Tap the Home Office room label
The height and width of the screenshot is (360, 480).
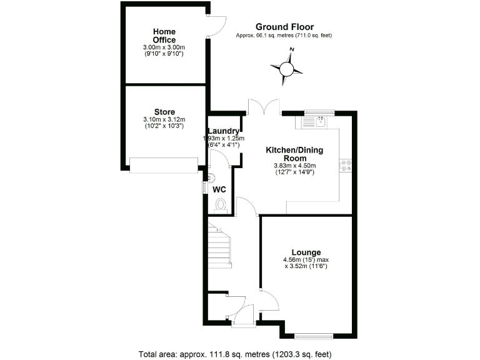(x=164, y=36)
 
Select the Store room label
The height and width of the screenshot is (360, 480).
(x=164, y=112)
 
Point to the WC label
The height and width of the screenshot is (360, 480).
(x=219, y=188)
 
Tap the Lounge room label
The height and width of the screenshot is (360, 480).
(x=306, y=252)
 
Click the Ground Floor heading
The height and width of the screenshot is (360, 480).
(x=284, y=27)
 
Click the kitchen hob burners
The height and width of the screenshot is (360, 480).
(x=345, y=165)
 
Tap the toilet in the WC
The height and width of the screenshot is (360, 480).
(x=220, y=204)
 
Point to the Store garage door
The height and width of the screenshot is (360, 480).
(x=164, y=165)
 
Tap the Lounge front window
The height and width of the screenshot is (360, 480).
(x=314, y=336)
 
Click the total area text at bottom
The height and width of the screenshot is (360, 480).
(x=239, y=353)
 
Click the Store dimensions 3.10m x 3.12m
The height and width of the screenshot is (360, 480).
(x=164, y=119)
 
